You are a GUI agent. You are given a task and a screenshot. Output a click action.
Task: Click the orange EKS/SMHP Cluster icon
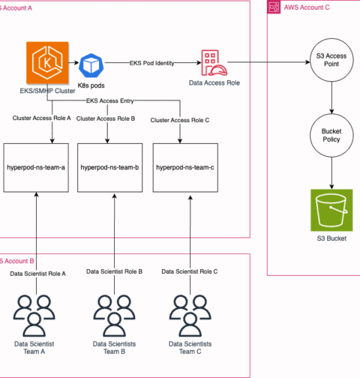[47, 62]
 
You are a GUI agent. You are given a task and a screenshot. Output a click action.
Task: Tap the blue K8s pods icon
[91, 65]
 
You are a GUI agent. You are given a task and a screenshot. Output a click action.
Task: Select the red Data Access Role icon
[214, 63]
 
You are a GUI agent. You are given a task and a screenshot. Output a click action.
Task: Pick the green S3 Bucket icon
[331, 210]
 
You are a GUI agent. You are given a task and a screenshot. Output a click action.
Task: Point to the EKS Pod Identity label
[151, 63]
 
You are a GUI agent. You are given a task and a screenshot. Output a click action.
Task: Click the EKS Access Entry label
[109, 100]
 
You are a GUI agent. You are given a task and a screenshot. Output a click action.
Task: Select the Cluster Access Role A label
[42, 118]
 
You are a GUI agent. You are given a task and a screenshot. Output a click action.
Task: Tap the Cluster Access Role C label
[180, 120]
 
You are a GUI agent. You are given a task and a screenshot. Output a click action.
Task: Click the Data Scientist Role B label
[114, 271]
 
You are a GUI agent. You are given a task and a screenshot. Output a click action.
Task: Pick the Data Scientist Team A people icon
[34, 316]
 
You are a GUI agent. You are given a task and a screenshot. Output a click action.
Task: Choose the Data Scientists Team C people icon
[190, 316]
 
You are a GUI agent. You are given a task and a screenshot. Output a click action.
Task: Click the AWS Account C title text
[307, 7]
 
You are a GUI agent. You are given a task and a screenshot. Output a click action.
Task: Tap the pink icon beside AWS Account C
[274, 7]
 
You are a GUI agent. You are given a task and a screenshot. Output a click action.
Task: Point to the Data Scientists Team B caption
[114, 348]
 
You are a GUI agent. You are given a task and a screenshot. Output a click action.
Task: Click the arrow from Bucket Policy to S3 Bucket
[331, 173]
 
